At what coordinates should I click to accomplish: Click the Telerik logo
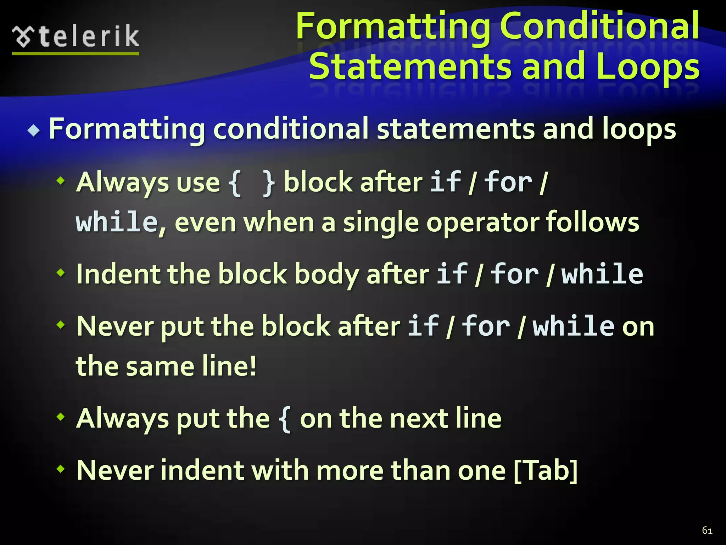pyautogui.click(x=76, y=37)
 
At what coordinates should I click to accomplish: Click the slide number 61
pyautogui.click(x=707, y=530)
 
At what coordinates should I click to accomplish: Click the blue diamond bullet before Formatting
pyautogui.click(x=34, y=131)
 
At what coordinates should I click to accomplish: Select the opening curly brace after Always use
pyautogui.click(x=234, y=183)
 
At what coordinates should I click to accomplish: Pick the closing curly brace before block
pyautogui.click(x=269, y=183)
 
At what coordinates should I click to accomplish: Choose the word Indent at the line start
pyautogui.click(x=118, y=274)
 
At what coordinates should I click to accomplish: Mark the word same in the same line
pyautogui.click(x=160, y=366)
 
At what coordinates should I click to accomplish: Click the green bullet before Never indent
pyautogui.click(x=61, y=469)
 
